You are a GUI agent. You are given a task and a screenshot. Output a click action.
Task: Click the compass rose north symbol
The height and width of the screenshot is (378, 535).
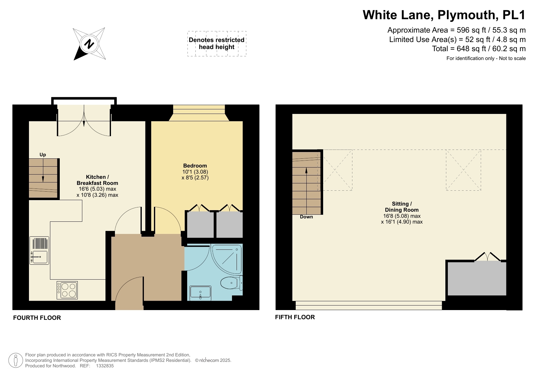89,44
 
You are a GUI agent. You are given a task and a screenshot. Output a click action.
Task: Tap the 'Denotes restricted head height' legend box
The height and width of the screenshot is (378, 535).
216,44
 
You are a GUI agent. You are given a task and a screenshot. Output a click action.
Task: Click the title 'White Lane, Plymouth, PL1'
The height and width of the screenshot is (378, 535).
444,15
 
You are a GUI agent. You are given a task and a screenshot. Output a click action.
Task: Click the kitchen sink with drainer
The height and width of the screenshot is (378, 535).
39,250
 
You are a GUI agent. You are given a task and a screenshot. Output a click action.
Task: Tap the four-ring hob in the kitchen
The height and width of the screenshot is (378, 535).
67,290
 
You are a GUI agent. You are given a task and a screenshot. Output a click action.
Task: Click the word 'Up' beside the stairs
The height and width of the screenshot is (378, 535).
43,155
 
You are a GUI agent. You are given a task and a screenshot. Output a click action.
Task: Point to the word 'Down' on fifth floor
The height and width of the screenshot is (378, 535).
306,217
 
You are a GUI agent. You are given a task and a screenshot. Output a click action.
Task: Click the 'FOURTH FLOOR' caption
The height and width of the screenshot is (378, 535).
37,318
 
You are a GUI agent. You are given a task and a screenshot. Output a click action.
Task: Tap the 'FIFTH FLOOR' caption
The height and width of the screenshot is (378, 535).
295,317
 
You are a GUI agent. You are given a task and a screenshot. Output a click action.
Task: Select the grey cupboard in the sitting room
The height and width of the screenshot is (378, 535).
476,278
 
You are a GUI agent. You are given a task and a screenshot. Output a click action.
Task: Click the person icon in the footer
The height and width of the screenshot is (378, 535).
16,360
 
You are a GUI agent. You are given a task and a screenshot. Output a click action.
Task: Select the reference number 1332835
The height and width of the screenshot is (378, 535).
105,366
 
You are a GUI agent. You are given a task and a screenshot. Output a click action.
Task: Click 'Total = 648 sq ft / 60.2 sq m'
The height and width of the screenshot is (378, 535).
479,49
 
